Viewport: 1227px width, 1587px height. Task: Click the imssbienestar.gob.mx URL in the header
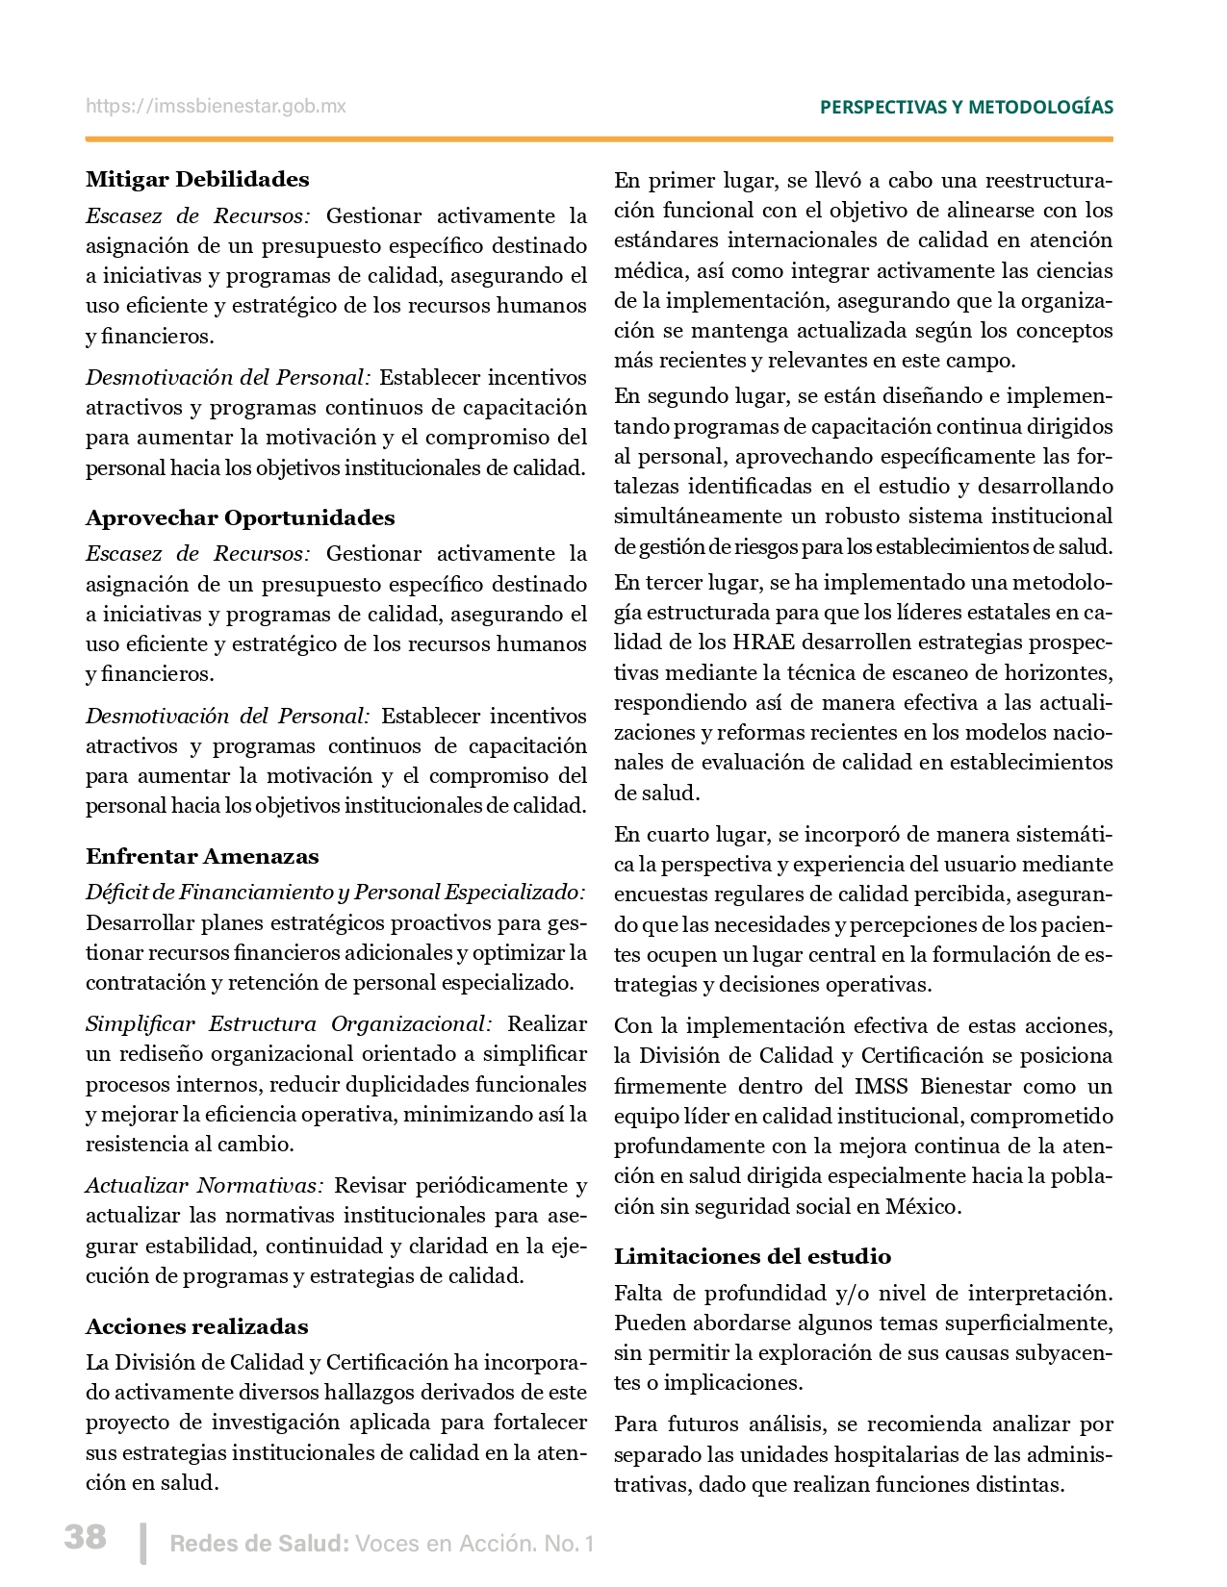(x=216, y=107)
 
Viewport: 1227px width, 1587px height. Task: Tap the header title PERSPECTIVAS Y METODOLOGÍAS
(x=966, y=108)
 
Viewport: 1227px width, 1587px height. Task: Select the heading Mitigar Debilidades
(x=197, y=180)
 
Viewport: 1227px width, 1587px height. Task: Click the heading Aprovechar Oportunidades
(x=240, y=518)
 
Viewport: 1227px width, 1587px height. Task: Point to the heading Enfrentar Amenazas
(x=202, y=857)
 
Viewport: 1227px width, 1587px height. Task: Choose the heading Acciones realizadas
(x=196, y=1327)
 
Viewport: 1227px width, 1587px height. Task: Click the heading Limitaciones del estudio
(x=753, y=1257)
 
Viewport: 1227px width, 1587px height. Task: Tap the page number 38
(x=86, y=1536)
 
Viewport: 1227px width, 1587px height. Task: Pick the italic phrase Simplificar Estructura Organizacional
(x=289, y=1024)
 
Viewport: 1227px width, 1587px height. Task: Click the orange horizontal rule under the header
(x=599, y=139)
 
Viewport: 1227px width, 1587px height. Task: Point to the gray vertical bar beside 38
(x=143, y=1543)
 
